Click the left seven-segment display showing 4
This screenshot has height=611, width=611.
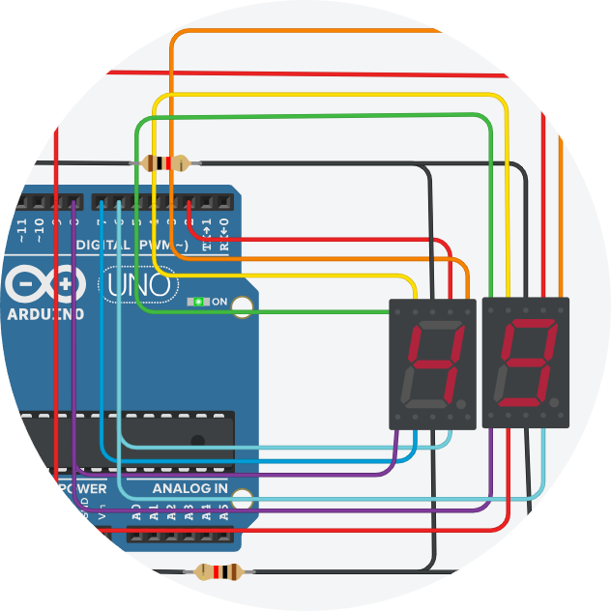pos(432,364)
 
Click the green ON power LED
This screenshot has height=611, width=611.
pos(199,302)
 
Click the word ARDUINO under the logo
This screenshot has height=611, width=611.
pos(45,314)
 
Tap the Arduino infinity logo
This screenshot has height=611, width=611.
pos(44,285)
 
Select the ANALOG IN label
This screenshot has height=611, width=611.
pos(190,488)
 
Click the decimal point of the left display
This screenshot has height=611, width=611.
pos(462,402)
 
